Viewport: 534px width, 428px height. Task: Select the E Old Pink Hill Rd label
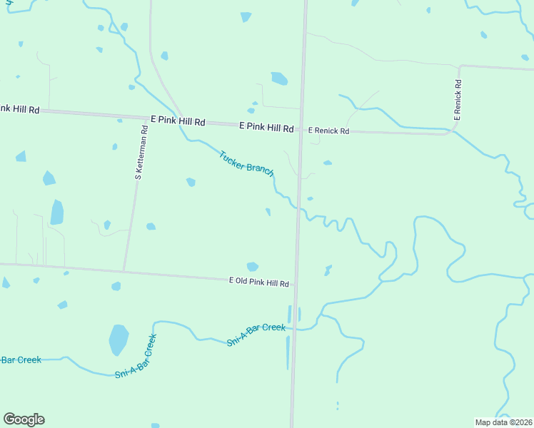(258, 283)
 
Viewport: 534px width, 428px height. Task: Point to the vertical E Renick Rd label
(458, 98)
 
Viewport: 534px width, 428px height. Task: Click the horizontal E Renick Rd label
(328, 131)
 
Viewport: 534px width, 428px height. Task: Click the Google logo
(24, 419)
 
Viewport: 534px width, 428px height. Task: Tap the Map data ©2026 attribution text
(504, 422)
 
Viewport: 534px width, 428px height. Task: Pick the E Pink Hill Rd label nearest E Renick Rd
(266, 128)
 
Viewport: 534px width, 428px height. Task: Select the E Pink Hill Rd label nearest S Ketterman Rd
(178, 122)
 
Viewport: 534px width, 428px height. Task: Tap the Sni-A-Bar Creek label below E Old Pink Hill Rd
(256, 335)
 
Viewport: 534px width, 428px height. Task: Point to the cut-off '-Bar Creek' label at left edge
(21, 360)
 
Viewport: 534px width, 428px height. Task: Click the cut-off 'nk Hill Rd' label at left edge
(19, 109)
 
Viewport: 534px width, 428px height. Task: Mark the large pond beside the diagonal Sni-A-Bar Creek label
(118, 340)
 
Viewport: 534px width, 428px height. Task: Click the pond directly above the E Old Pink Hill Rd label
(252, 267)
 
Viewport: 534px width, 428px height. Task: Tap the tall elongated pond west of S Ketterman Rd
(56, 212)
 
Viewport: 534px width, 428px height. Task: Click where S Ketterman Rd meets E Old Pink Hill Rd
(124, 271)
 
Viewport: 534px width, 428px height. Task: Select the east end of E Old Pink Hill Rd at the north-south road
(295, 284)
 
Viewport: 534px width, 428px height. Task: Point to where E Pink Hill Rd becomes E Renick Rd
(301, 129)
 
